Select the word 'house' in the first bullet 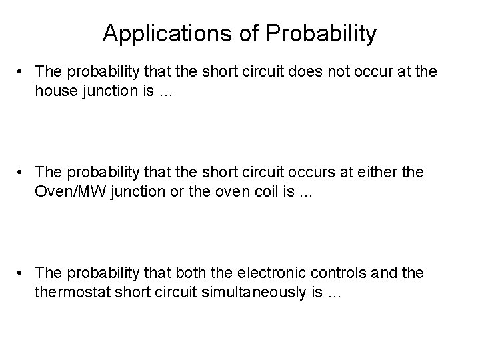(x=55, y=93)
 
